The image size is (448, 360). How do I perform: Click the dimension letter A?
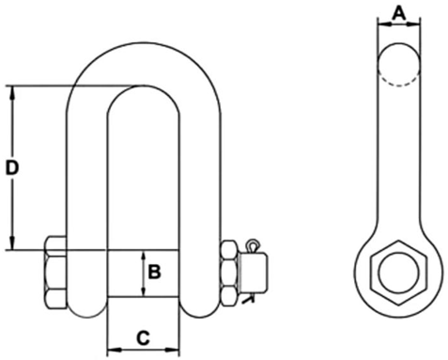[397, 12]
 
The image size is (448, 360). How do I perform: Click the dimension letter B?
[157, 273]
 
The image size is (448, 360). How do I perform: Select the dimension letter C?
[144, 336]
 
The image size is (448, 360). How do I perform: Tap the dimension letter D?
[12, 169]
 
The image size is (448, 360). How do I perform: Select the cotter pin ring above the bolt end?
[251, 246]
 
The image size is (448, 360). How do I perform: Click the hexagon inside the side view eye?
[398, 277]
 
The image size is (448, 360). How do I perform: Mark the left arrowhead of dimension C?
[112, 350]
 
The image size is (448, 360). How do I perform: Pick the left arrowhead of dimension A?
[380, 26]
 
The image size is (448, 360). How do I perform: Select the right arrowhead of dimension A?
[416, 26]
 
